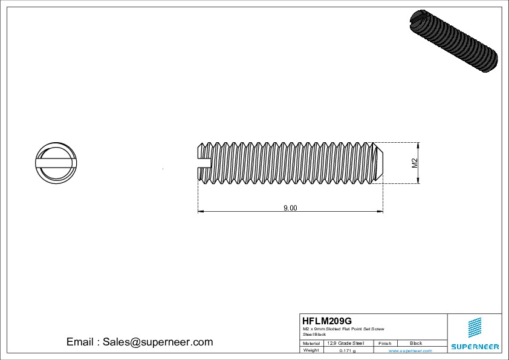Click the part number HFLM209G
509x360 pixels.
326,321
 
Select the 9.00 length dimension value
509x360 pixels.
290,208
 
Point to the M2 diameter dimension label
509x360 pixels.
415,162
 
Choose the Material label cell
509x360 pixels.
311,343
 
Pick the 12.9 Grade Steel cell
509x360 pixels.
345,343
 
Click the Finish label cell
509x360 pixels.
384,343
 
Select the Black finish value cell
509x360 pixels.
416,343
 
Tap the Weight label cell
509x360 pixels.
311,350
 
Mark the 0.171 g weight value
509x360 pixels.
347,350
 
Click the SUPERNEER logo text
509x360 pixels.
475,347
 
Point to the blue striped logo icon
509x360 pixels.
475,327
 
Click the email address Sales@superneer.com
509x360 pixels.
158,342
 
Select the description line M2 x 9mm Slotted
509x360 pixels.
343,329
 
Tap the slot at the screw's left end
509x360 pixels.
204,162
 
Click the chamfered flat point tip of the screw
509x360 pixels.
379,162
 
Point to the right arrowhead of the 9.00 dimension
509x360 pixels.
380,211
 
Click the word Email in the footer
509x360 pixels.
80,342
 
